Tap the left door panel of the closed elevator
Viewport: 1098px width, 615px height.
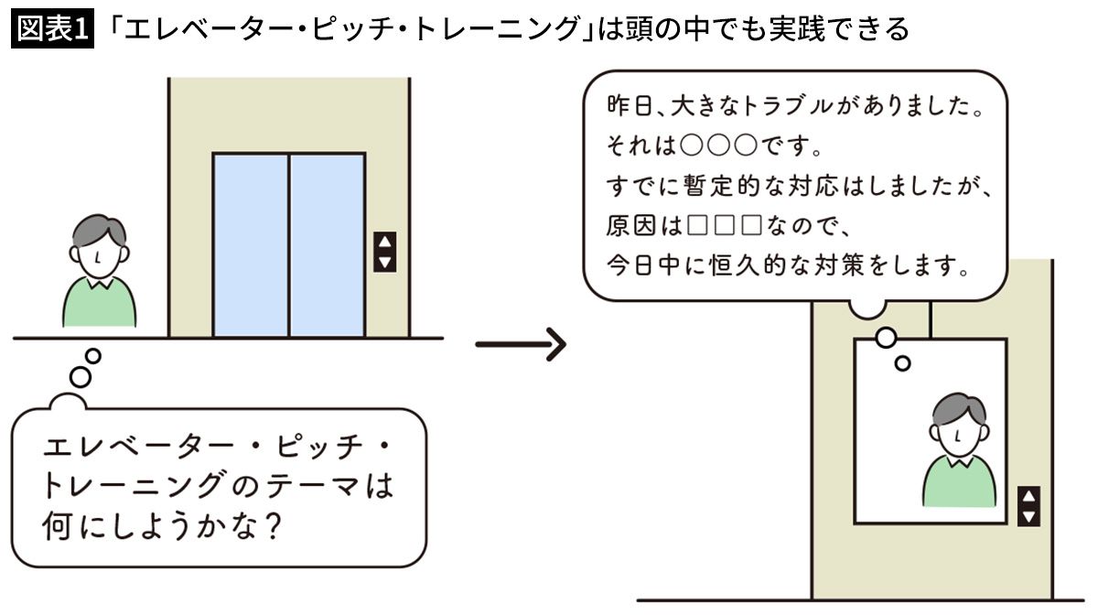251,245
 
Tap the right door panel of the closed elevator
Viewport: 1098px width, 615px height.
328,245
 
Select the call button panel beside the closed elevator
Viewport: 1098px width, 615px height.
385,252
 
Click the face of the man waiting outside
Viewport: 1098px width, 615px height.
99,257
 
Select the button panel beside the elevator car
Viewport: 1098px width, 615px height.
1029,506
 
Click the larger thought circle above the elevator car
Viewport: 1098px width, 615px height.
886,338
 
